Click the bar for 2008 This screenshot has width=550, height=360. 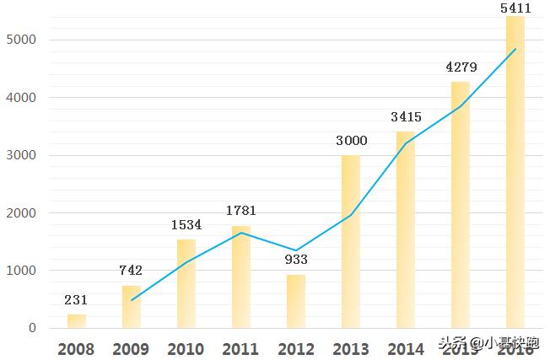click(x=77, y=321)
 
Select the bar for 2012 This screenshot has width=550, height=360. click(x=296, y=301)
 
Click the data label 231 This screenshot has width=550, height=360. click(x=76, y=299)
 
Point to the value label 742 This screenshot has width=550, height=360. click(x=131, y=271)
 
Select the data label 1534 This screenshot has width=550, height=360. click(x=186, y=225)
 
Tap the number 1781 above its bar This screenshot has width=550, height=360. click(x=241, y=211)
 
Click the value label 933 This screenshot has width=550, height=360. click(x=296, y=260)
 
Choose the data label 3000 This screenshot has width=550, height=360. click(x=351, y=141)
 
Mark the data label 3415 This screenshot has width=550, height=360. click(x=406, y=117)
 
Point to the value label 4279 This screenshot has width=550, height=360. click(x=461, y=67)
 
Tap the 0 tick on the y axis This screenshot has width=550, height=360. click(x=32, y=328)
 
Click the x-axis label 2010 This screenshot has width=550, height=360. click(x=186, y=349)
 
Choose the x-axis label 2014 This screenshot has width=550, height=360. click(x=406, y=349)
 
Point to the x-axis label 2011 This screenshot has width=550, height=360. click(x=241, y=349)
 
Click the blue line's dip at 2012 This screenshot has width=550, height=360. click(x=296, y=250)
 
